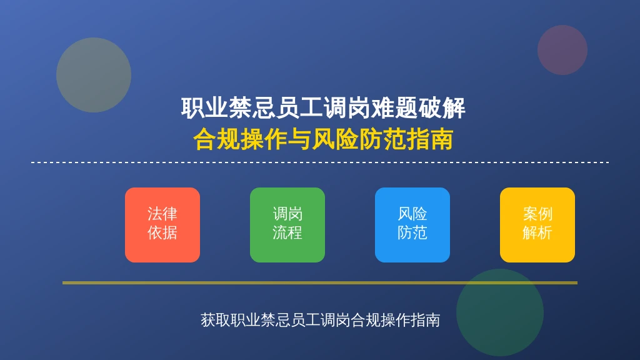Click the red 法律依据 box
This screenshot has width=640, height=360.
(162, 225)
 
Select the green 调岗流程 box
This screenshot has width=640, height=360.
(287, 225)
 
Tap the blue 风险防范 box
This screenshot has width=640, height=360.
(412, 225)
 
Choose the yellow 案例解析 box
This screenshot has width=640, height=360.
(537, 225)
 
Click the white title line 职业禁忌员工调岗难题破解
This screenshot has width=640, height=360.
(323, 108)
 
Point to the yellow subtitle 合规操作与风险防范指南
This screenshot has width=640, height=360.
(323, 139)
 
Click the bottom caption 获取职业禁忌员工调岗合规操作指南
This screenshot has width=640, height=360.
(321, 320)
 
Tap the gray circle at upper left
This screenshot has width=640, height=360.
(94, 75)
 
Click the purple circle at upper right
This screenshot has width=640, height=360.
(562, 50)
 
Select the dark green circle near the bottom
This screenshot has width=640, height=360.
(500, 312)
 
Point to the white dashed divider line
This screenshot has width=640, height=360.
(320, 162)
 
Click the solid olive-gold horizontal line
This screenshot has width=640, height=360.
(320, 282)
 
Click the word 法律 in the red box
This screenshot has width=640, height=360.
(162, 214)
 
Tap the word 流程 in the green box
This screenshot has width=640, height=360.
(287, 233)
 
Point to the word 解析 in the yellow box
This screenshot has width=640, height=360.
(537, 233)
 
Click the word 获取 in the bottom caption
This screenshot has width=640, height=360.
(216, 320)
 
